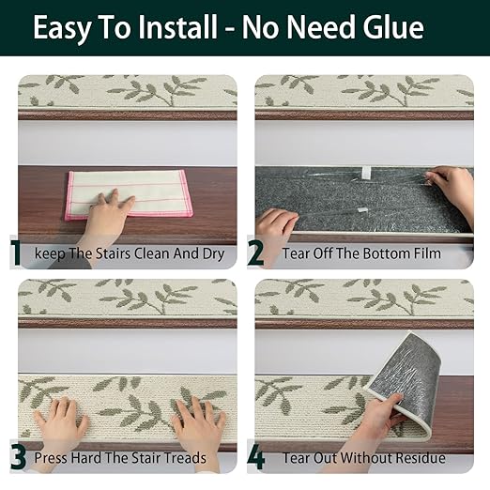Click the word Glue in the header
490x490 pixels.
[393, 28]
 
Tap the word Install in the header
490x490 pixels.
[178, 27]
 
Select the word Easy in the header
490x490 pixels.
[62, 30]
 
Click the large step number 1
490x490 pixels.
[15, 253]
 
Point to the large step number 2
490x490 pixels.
[255, 253]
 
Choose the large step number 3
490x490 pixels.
[18, 458]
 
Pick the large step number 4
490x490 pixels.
[256, 458]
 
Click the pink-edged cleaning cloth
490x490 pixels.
[129, 194]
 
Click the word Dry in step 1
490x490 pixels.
[214, 253]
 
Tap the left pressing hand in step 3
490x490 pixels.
[61, 420]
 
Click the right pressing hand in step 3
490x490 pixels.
[198, 421]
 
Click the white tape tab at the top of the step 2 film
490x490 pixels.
[366, 171]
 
